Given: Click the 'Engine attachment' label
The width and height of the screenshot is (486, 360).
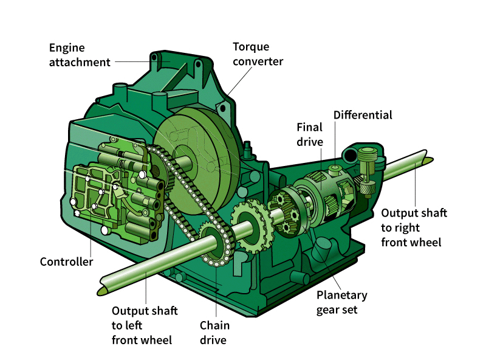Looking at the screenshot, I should tap(80, 55).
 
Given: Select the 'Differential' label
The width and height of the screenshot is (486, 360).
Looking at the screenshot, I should tap(363, 115).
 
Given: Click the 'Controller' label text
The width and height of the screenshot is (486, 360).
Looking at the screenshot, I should tap(66, 262).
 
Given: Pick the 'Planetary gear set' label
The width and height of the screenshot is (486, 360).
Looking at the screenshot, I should tap(342, 302).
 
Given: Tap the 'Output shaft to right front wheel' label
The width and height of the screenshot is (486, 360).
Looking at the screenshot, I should tap(414, 227).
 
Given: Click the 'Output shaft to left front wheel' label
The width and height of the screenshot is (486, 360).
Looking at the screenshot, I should tap(145, 325).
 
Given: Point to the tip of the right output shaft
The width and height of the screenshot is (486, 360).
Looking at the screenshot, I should tap(428, 160).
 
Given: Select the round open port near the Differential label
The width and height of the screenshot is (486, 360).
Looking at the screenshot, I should tap(351, 156).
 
